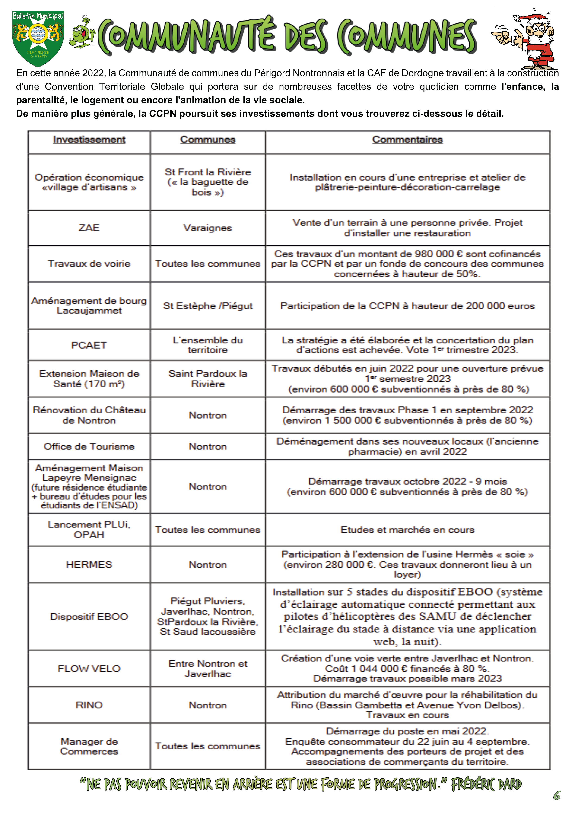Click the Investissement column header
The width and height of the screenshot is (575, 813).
89,140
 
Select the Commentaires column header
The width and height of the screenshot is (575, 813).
407,140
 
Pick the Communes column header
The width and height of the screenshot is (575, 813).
208,140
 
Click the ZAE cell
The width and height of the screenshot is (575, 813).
89,228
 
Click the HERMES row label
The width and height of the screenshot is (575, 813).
89,564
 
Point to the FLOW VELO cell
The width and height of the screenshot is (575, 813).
89,669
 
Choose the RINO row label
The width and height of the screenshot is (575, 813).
89,705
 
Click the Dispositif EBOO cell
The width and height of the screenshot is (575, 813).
89,616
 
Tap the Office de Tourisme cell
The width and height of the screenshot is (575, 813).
89,447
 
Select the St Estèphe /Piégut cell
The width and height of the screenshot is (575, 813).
208,306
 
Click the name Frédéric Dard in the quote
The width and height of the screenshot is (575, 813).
486,784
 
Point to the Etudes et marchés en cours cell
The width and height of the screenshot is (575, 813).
407,530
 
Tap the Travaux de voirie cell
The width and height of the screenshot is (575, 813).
89,264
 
